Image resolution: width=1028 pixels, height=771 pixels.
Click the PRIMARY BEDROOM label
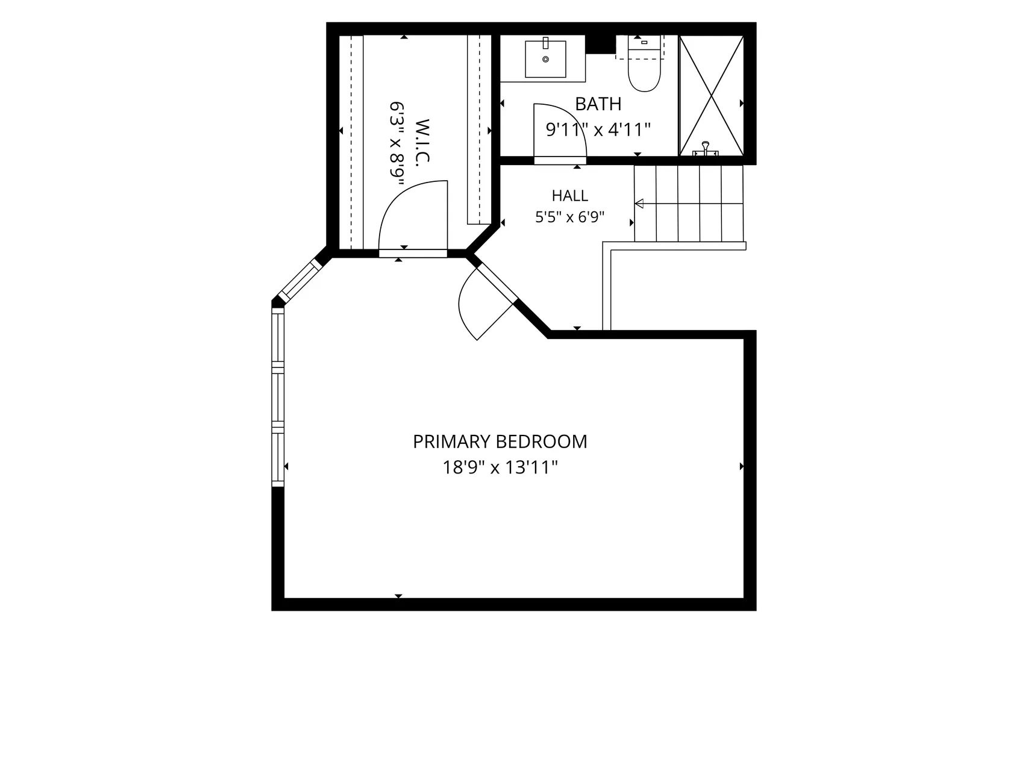coord(500,442)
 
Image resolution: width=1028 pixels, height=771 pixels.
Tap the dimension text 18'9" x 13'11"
coord(500,467)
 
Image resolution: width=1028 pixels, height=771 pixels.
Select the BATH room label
coord(598,104)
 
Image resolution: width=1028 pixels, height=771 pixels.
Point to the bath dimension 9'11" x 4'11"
coord(598,130)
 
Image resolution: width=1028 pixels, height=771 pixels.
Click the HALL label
coord(570,196)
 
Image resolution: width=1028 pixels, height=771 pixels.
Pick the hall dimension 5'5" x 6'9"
coord(570,217)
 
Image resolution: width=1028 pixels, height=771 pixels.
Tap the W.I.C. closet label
coord(422,143)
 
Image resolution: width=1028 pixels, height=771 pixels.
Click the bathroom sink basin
coord(545,59)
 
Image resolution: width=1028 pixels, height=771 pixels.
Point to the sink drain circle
coord(545,59)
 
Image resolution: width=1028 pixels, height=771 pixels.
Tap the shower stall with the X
coord(711,96)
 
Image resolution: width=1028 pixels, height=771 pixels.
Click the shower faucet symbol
coord(706,148)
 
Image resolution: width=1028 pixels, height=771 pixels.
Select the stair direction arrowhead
coord(639,204)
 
